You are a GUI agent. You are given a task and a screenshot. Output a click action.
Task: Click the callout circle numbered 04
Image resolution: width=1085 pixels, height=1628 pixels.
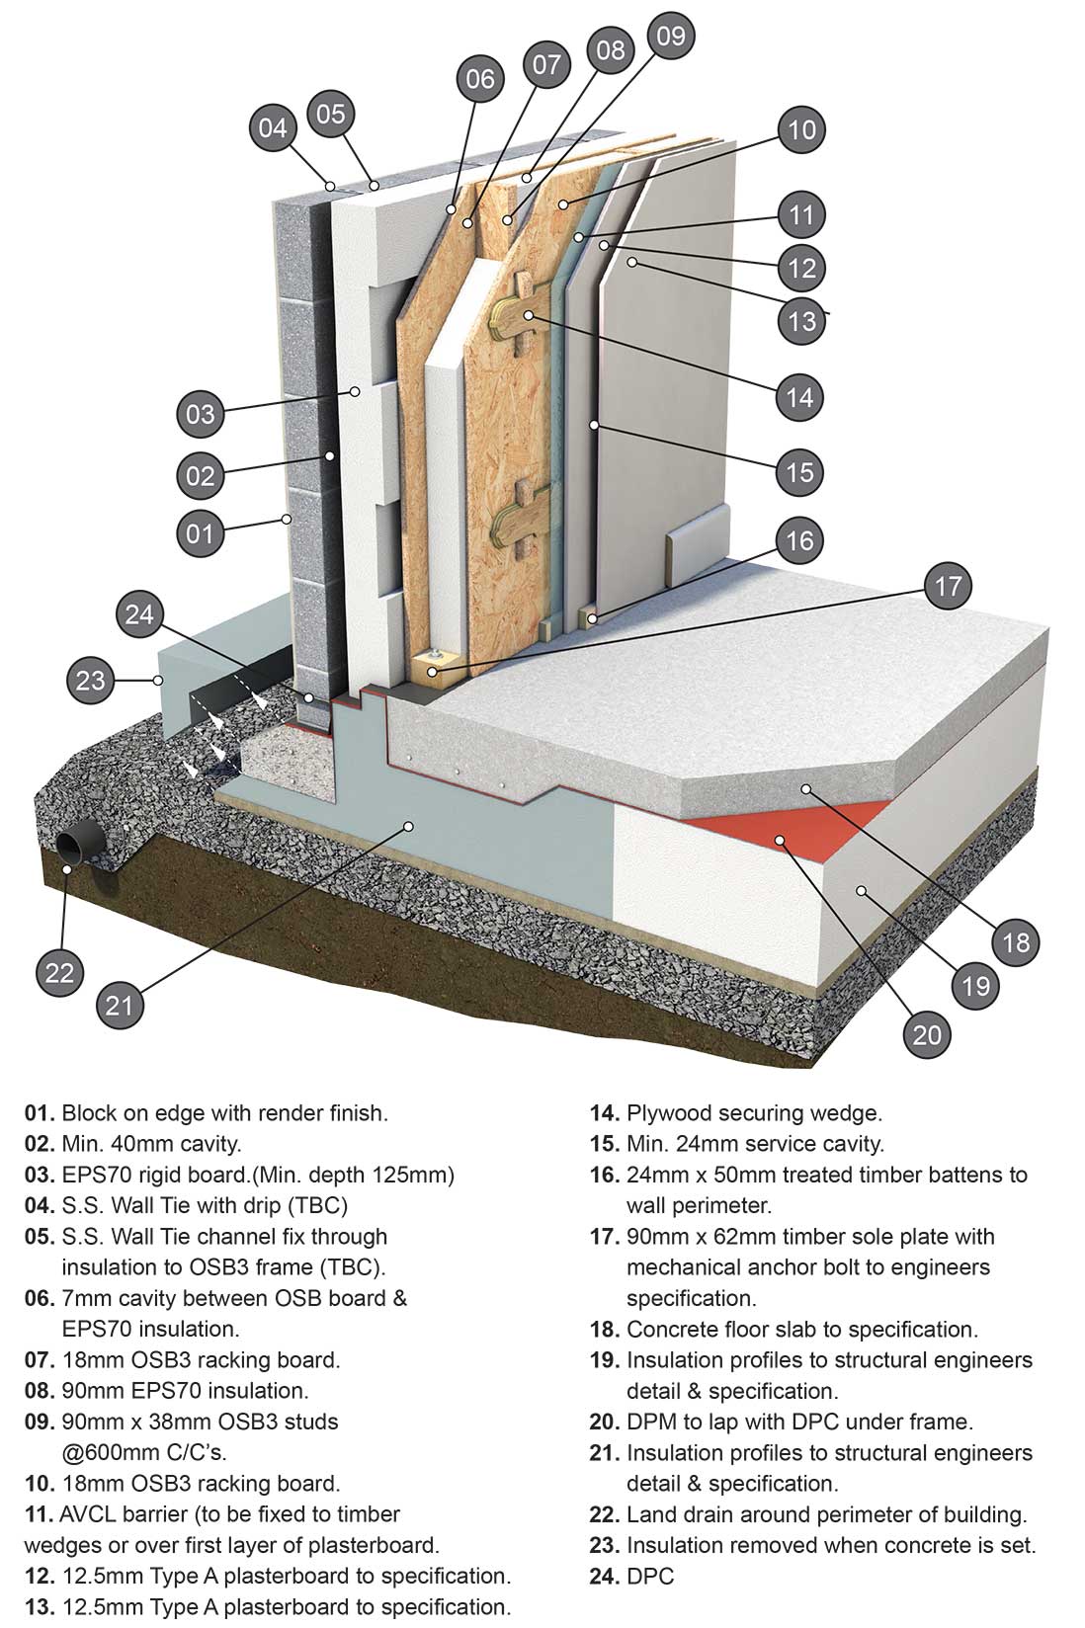pos(273,127)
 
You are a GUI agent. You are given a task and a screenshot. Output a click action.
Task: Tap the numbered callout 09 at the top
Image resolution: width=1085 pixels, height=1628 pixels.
pos(670,37)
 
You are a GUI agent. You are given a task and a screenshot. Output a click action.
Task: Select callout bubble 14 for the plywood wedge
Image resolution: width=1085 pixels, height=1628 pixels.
pos(799,397)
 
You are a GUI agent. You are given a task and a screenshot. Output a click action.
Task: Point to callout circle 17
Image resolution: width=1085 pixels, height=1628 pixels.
pos(948,587)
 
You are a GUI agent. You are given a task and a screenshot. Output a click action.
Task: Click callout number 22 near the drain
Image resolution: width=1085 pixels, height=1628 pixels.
pos(60,972)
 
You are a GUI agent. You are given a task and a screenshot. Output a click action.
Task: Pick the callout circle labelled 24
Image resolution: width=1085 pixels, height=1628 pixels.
pos(140,614)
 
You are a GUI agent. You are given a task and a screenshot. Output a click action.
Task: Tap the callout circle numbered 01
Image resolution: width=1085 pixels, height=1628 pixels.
pos(200,533)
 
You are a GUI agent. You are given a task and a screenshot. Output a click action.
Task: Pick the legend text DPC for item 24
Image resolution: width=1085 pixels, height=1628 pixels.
pos(650,1576)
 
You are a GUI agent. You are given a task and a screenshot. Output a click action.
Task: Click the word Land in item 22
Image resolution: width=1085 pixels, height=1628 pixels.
pos(650,1514)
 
